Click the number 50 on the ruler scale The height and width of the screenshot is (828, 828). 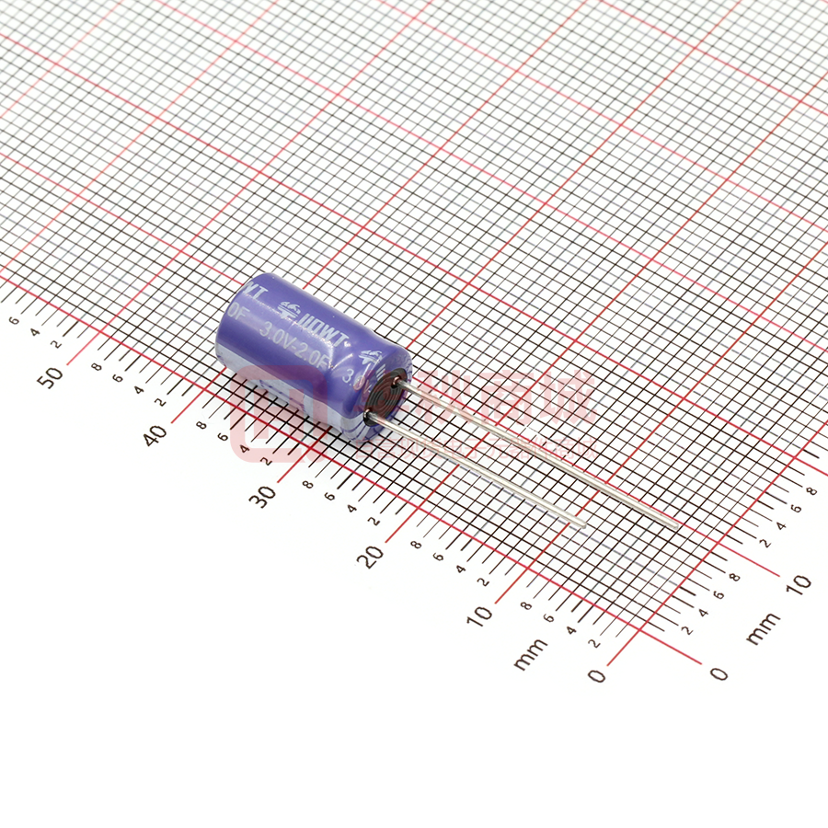pos(54,375)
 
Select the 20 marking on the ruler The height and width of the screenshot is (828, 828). pos(374,555)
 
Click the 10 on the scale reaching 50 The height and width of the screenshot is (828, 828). pos(480,615)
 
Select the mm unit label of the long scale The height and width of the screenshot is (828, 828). pos(531,654)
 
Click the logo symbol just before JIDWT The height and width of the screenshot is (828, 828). pos(288,311)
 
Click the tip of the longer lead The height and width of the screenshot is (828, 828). pos(677,525)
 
